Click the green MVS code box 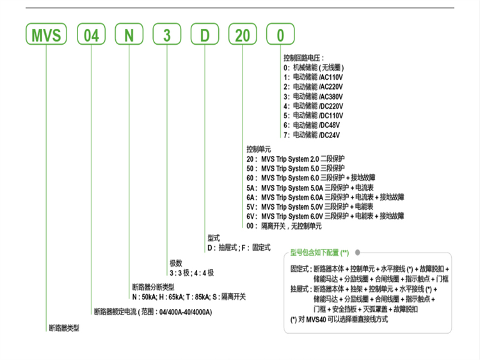47,35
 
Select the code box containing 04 91,35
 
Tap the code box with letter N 130,35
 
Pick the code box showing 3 168,35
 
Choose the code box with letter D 206,35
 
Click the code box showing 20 244,35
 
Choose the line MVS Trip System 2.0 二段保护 304,158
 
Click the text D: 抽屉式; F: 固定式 238,247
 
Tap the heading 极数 176,263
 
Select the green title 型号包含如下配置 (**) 319,252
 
